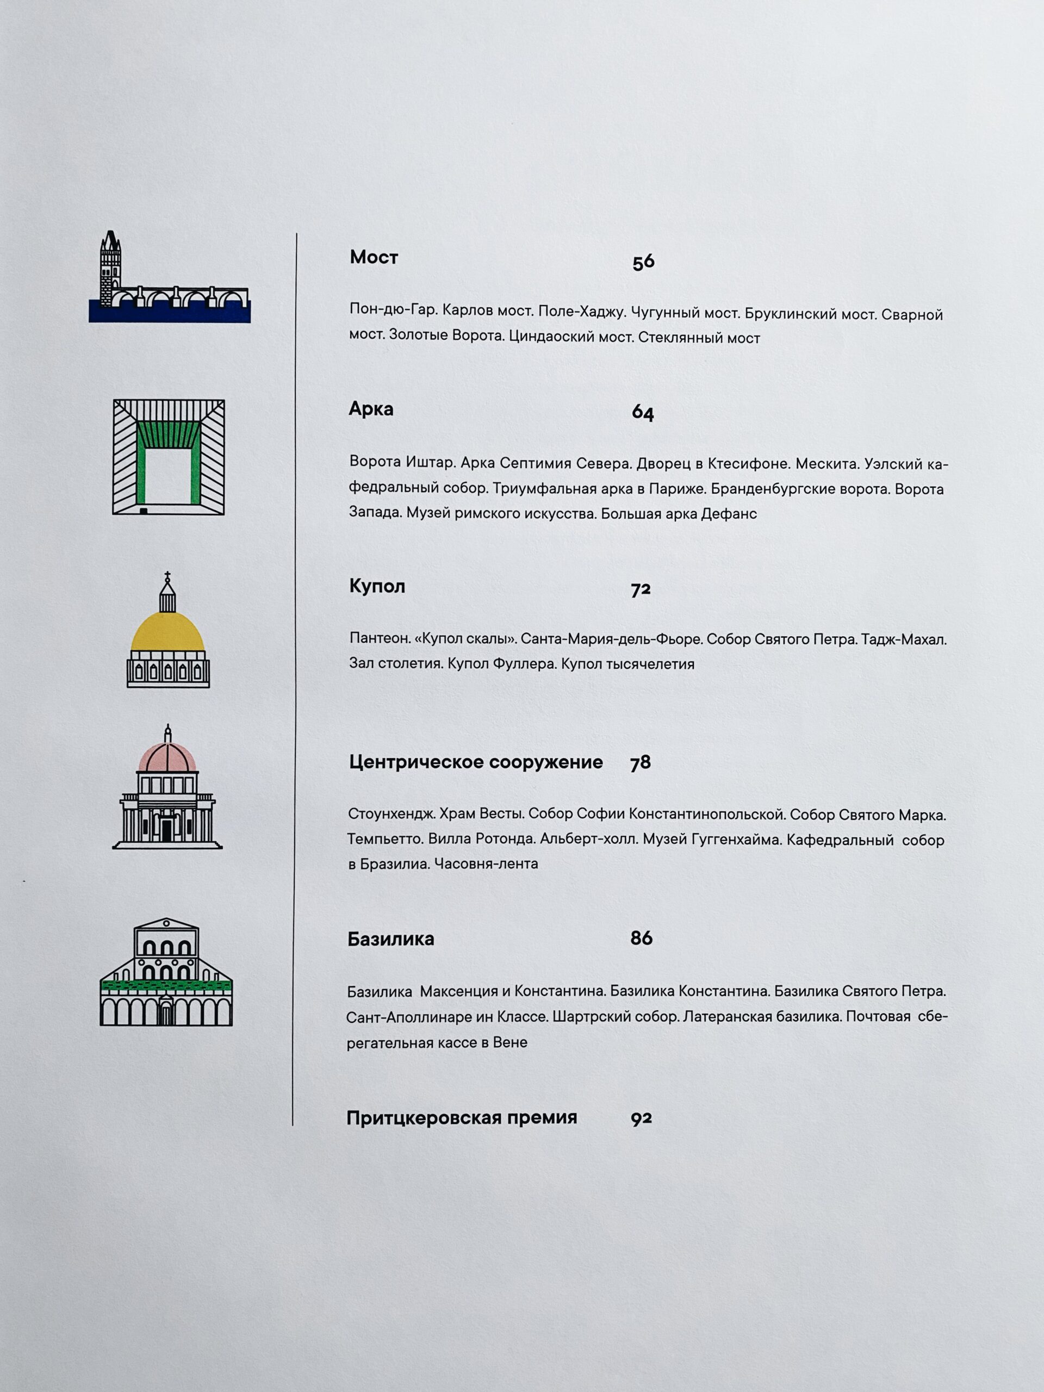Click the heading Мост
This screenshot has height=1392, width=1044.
pos(374,257)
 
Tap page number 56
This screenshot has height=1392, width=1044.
pos(643,262)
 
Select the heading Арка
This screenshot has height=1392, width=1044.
pos(371,409)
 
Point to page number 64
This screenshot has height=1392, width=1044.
pos(643,413)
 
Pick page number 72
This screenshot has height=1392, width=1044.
pos(641,589)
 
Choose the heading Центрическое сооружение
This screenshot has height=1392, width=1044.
pos(476,762)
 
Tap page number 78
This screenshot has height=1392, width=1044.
pos(640,763)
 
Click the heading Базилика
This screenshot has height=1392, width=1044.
pos(390,939)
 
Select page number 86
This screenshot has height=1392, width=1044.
pos(641,939)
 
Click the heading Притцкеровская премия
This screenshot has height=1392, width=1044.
pos(461,1117)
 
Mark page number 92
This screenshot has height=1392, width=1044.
pos(641,1118)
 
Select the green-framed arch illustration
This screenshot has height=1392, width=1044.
pos(168,457)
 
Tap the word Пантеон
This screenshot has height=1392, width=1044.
pos(379,638)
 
